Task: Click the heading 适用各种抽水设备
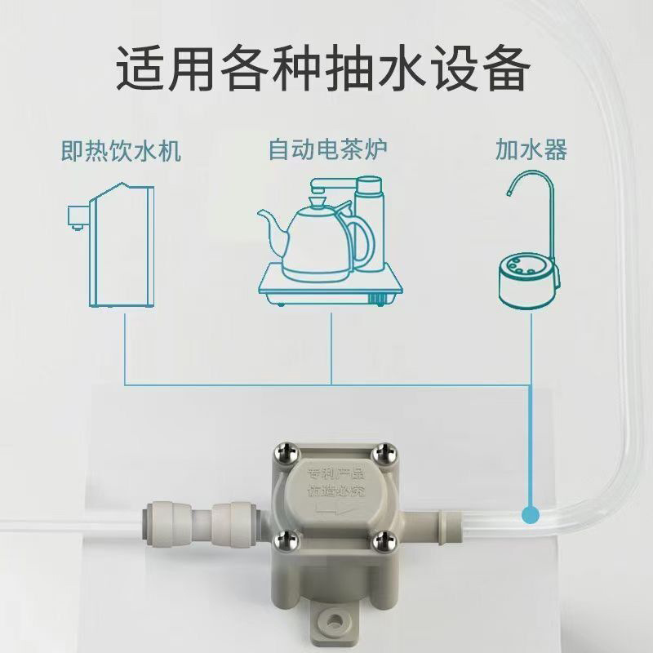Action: (326, 70)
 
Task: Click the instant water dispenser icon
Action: (114, 245)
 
